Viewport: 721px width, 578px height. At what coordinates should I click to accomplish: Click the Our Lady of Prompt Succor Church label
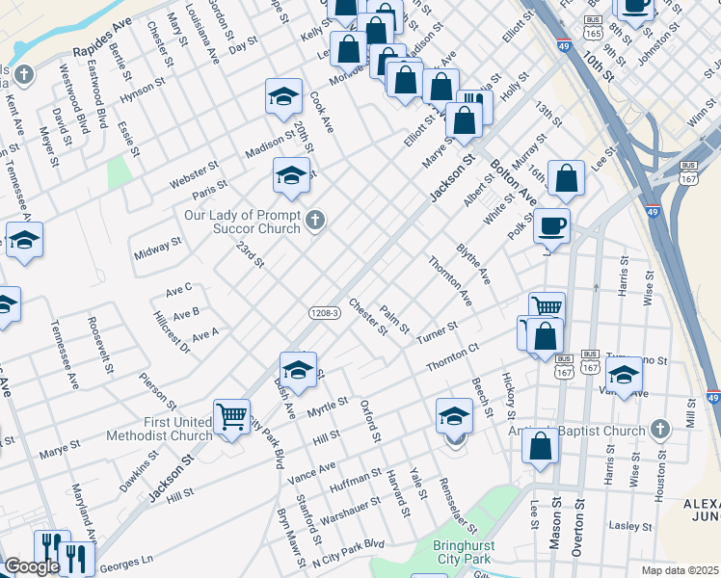click(243, 222)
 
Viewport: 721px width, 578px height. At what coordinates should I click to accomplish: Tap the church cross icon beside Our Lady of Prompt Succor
click(313, 223)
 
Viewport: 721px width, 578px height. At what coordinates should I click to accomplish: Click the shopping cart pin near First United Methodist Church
click(231, 418)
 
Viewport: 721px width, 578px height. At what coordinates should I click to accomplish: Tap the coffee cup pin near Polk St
click(552, 227)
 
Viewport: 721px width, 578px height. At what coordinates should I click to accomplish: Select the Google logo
click(31, 566)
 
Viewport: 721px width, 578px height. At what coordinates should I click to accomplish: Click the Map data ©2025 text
click(680, 570)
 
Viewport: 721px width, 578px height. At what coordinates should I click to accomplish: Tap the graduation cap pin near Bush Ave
click(298, 370)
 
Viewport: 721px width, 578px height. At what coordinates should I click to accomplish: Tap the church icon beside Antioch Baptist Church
click(659, 428)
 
